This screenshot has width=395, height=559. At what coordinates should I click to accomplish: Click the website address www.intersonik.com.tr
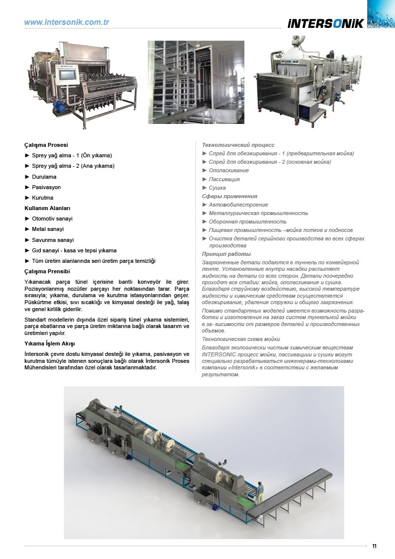(67, 22)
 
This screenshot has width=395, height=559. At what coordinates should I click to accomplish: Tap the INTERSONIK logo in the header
(326, 23)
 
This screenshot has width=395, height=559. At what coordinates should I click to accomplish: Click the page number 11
(374, 546)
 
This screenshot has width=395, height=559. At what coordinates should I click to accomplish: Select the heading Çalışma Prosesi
(46, 145)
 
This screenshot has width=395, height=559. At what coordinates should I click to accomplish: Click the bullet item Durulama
(44, 177)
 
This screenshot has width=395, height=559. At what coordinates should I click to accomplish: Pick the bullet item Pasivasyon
(46, 187)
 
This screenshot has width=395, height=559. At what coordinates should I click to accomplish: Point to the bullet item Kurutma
(42, 198)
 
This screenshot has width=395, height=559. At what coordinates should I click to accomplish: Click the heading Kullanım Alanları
(48, 208)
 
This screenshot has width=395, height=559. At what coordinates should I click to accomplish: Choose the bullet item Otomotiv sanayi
(52, 219)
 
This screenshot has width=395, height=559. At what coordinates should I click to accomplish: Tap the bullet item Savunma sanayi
(52, 240)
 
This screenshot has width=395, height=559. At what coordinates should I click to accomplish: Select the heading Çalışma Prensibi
(47, 271)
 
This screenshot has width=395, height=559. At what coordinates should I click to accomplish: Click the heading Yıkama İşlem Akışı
(50, 343)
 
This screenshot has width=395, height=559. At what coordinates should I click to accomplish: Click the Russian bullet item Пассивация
(224, 179)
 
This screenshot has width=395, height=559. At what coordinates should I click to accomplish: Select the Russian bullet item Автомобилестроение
(238, 205)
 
